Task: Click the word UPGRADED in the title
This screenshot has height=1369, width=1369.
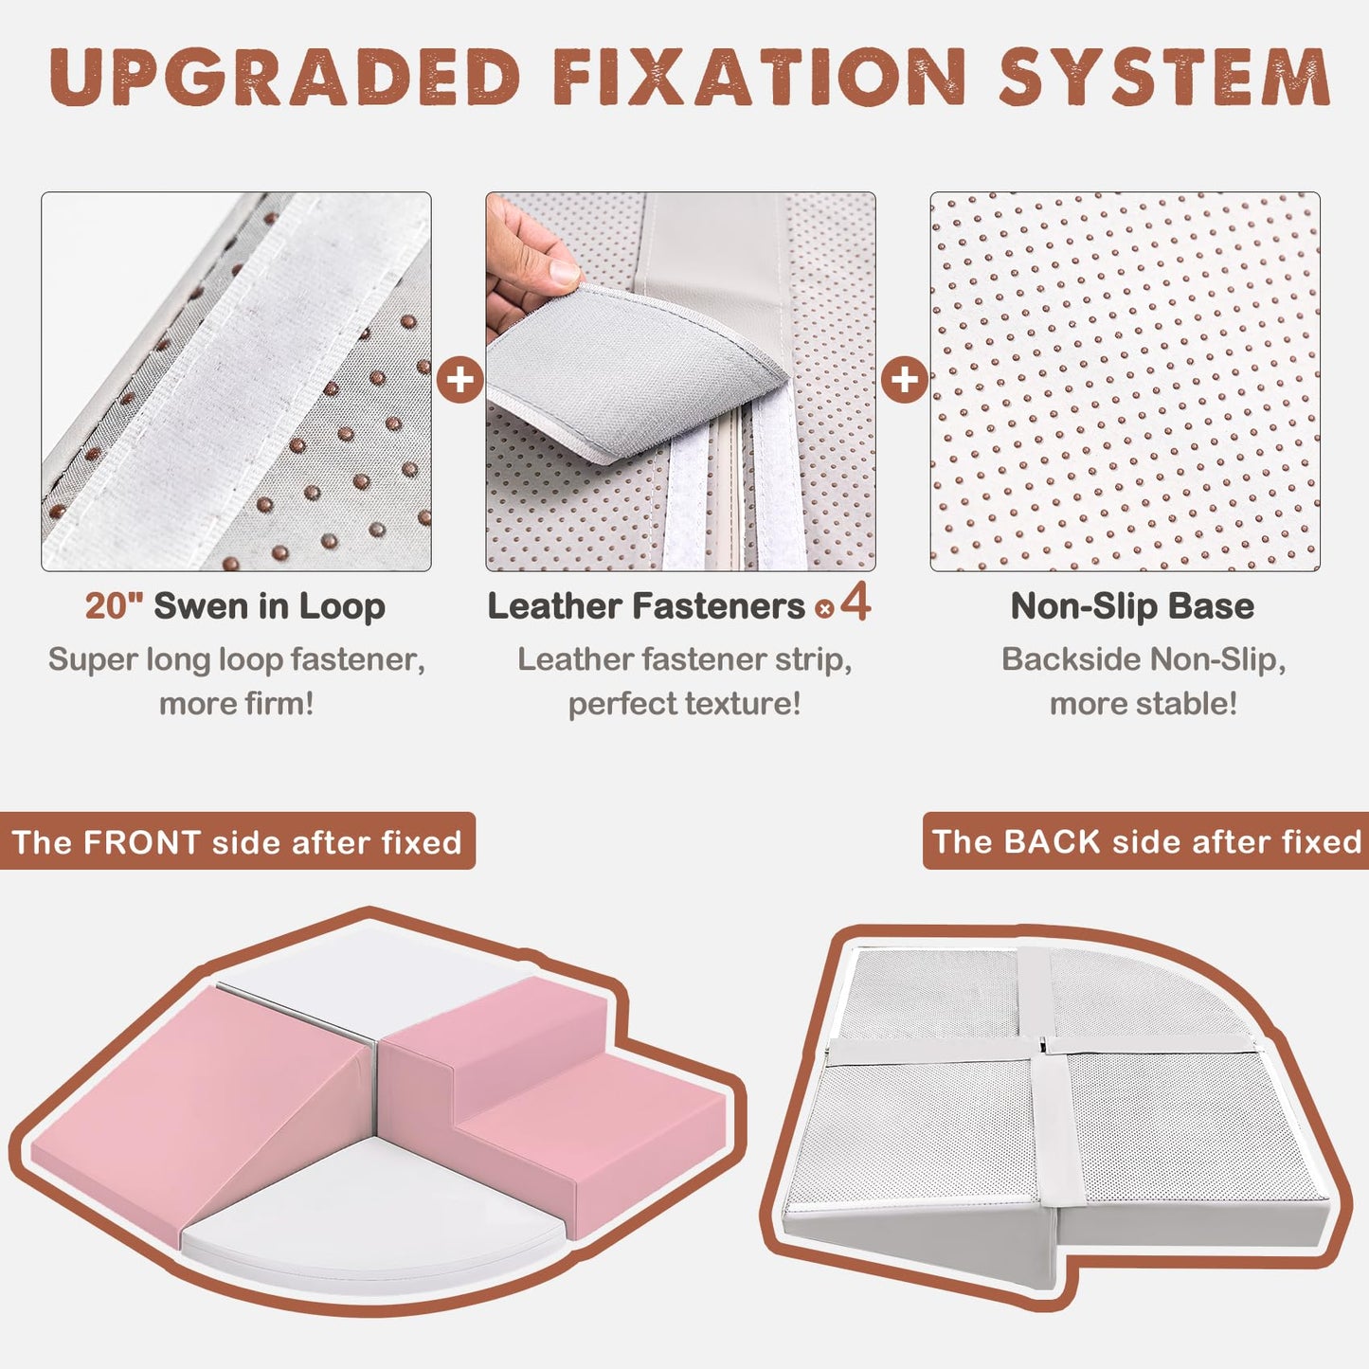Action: [x=284, y=78]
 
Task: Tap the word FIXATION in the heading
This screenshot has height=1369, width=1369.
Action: [x=759, y=78]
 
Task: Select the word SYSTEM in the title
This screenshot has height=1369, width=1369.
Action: [x=1163, y=78]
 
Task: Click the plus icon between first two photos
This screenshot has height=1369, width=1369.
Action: [x=459, y=379]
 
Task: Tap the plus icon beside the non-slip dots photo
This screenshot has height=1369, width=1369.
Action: [x=905, y=379]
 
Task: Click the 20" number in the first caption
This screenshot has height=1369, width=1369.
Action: [x=114, y=606]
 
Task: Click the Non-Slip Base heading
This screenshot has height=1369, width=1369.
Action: [x=1132, y=606]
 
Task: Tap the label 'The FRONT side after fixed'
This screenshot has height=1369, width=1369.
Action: [x=237, y=842]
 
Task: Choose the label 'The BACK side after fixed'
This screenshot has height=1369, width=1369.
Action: [x=1145, y=841]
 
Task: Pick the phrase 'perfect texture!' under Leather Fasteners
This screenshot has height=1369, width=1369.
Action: [x=684, y=704]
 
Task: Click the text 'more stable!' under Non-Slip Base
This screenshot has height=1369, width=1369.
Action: [x=1144, y=704]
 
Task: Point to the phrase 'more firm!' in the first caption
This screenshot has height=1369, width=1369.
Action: [x=237, y=704]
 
